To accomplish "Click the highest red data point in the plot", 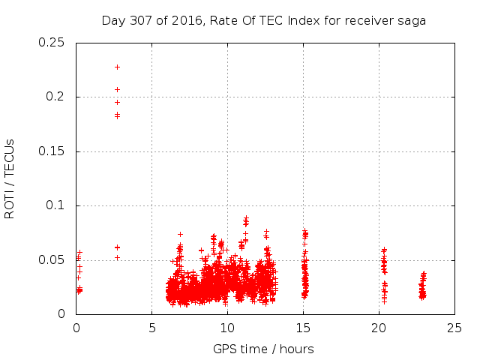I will [117, 67].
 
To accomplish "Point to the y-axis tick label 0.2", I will [56, 97].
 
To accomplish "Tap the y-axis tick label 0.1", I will [56, 205].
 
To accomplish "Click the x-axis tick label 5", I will [152, 328].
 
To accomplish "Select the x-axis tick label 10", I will [228, 328].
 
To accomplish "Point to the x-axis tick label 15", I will [304, 328].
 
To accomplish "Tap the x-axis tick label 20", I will [379, 328].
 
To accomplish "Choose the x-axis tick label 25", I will [454, 328].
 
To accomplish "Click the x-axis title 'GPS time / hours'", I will [263, 349].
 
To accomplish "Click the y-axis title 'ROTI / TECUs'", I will [10, 178].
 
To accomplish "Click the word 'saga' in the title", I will [412, 21].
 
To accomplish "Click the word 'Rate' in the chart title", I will [217, 21].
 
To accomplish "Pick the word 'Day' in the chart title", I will [113, 21].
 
